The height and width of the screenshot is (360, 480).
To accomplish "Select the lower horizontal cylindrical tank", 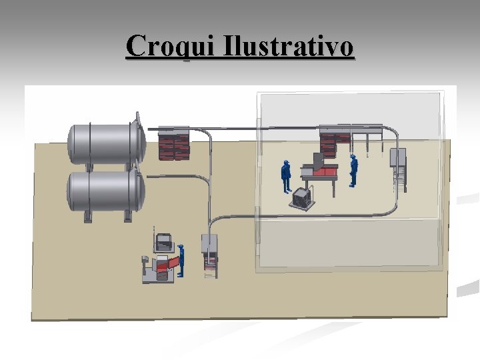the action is pos(103,191).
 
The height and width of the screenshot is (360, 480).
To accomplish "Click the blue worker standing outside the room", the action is pos(181,260).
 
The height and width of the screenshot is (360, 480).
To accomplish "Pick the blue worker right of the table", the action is pos(353,171).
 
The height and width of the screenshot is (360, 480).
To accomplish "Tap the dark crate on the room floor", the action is pos(301,198).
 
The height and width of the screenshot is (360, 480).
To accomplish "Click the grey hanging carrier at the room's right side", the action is pos(399,167).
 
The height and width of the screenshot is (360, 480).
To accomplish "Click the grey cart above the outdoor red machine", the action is pos(163,241).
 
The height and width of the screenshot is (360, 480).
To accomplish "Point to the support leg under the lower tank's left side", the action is pos(87,215).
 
